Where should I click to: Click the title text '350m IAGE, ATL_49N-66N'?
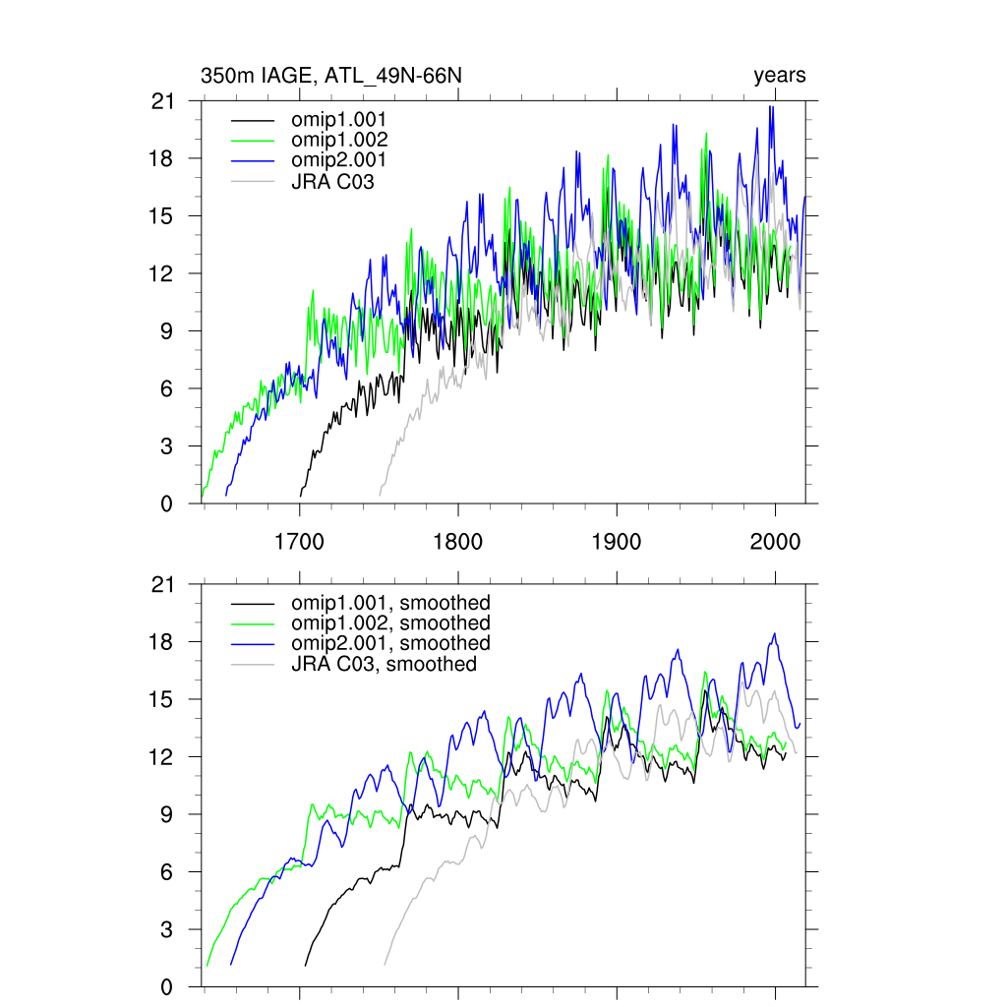pos(330,76)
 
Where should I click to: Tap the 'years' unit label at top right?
pos(780,76)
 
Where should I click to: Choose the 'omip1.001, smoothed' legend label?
pos(390,603)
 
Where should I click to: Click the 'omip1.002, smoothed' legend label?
pos(390,623)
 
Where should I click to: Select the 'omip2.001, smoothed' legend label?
pos(390,643)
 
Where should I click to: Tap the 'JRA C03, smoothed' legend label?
pos(385,664)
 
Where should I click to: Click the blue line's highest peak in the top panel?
pos(772,106)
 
